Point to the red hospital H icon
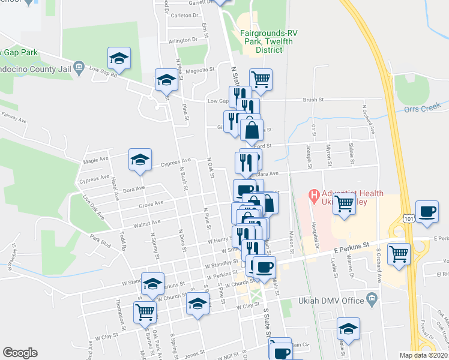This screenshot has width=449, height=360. click(x=313, y=195)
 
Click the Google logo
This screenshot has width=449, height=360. click(x=20, y=353)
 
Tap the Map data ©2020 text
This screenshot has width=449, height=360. click(x=423, y=355)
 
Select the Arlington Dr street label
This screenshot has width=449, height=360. click(x=182, y=41)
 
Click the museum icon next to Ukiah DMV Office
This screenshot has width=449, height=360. click(x=372, y=299)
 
